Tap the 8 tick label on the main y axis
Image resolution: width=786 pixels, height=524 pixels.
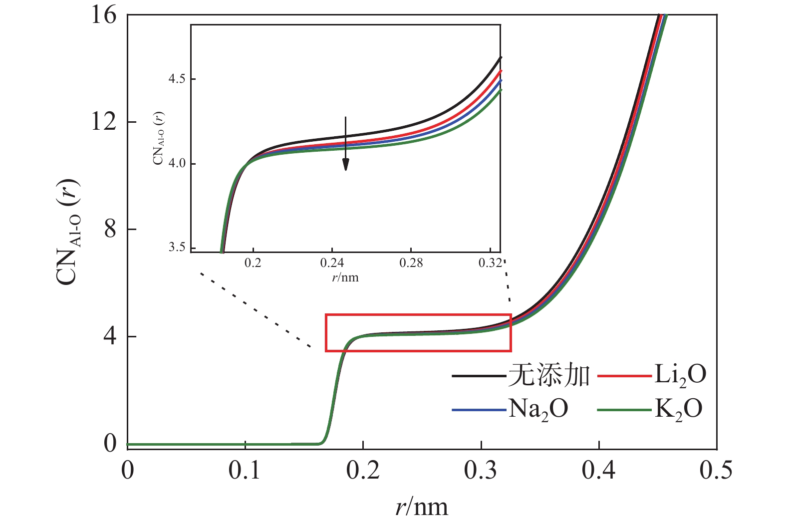click(110, 229)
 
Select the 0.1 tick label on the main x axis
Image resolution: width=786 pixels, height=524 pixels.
click(245, 470)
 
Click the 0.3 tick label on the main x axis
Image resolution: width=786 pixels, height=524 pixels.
click(481, 470)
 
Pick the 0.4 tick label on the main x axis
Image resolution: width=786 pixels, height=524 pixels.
click(598, 470)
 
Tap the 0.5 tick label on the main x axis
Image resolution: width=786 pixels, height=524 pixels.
click(716, 470)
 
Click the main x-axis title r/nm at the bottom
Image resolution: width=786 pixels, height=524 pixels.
click(422, 507)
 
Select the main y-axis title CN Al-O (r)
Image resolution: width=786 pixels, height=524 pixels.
click(67, 232)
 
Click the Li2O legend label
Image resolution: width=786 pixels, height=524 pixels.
click(680, 375)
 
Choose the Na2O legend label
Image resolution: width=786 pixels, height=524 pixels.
click(538, 409)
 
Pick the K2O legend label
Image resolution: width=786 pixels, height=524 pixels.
click(678, 409)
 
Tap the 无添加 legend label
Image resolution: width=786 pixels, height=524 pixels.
click(549, 375)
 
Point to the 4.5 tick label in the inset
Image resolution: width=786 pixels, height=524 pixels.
click(177, 79)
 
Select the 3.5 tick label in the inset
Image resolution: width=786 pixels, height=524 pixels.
click(177, 248)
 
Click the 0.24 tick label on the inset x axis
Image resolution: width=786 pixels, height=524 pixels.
click(332, 263)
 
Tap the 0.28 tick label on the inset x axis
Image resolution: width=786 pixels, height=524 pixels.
click(411, 263)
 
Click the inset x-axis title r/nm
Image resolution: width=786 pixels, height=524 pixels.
click(345, 277)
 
